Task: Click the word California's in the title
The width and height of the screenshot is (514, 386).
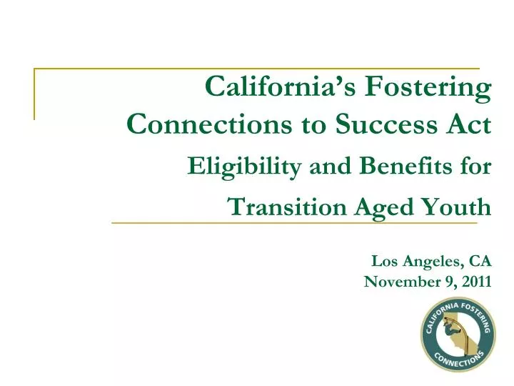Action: pos(281,88)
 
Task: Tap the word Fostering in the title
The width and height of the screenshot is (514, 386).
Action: pos(428,88)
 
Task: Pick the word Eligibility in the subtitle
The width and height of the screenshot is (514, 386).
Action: pos(231,167)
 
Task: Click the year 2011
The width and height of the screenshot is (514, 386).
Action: pos(475,281)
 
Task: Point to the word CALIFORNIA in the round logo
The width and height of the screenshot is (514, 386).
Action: pos(435,315)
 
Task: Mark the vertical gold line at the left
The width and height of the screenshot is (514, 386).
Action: pos(34,94)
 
